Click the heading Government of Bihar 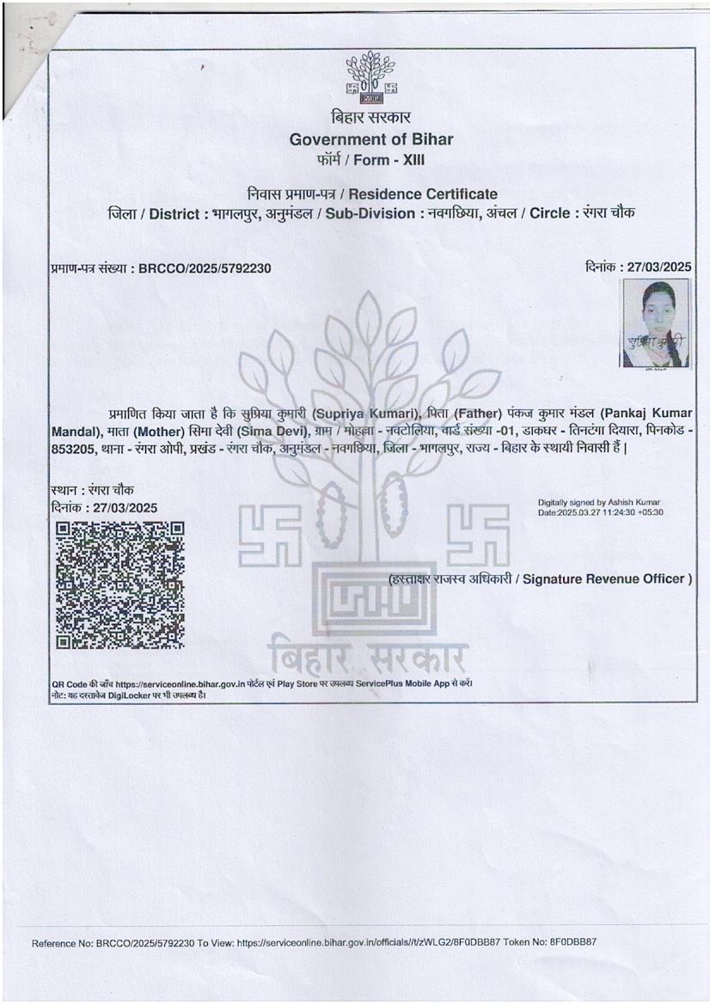click(370, 139)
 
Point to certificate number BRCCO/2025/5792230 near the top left click(204, 269)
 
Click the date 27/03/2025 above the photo click(659, 267)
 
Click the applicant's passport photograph click(655, 323)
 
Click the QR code click(119, 585)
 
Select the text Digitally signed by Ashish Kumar click(599, 502)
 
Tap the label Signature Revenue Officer click(607, 579)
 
